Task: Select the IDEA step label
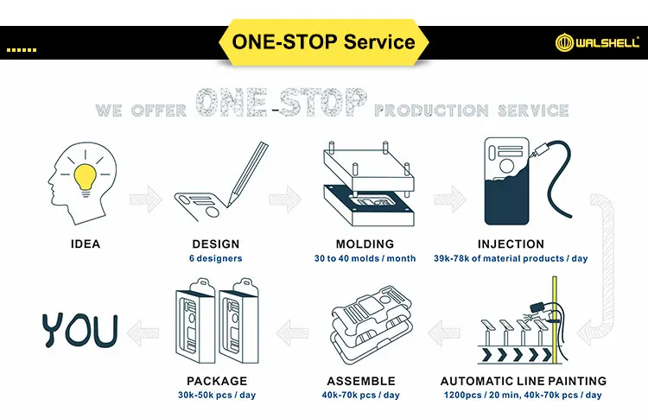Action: (x=85, y=244)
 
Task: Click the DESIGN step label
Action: (x=215, y=244)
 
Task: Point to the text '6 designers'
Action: (x=215, y=258)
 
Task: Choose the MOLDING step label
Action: (x=365, y=244)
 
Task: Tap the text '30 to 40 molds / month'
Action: (x=365, y=258)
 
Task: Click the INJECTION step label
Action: (x=511, y=244)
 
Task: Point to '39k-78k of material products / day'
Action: (x=511, y=258)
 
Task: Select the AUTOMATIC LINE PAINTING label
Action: (x=524, y=381)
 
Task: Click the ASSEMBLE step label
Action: (x=361, y=381)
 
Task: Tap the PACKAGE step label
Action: (x=217, y=381)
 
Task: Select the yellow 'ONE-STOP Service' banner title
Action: (x=323, y=41)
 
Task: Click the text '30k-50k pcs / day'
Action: (x=217, y=395)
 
